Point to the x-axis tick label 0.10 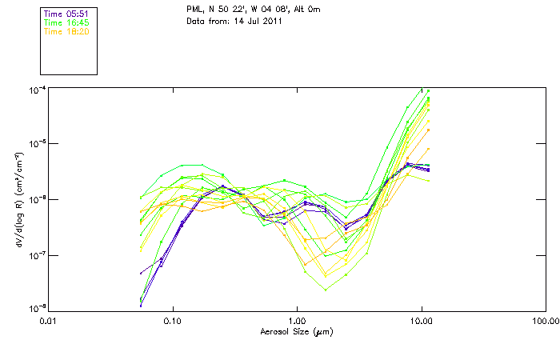[172, 321]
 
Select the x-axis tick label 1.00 [297, 321]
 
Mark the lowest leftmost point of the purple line [141, 305]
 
